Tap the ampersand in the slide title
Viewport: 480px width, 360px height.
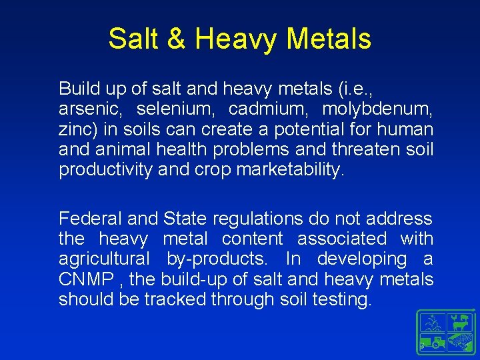176,39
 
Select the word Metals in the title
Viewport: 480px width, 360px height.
329,39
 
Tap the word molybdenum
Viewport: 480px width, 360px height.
378,109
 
